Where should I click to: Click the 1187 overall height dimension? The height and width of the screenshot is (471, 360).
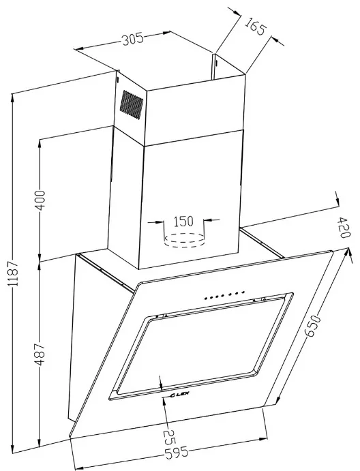click(x=14, y=273)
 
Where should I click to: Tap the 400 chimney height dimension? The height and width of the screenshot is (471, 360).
click(x=40, y=200)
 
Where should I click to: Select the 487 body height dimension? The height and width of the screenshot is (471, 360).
click(x=40, y=354)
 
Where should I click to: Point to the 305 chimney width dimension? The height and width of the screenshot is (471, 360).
click(x=132, y=39)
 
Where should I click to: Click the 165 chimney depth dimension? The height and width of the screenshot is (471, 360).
click(x=255, y=26)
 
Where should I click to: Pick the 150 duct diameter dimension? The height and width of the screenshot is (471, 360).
click(x=183, y=221)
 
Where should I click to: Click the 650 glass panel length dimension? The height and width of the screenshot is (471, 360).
click(x=313, y=326)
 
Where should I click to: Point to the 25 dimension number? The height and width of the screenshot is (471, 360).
click(x=169, y=438)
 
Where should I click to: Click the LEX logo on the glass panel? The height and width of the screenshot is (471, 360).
click(x=179, y=395)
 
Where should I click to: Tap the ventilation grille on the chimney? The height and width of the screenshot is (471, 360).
click(x=132, y=104)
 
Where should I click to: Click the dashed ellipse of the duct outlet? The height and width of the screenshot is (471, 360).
click(x=185, y=240)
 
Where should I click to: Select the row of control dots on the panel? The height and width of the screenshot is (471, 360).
click(x=224, y=295)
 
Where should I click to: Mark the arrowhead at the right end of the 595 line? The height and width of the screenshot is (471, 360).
click(x=262, y=439)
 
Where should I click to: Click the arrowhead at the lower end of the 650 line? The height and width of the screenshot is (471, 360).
click(x=277, y=400)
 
